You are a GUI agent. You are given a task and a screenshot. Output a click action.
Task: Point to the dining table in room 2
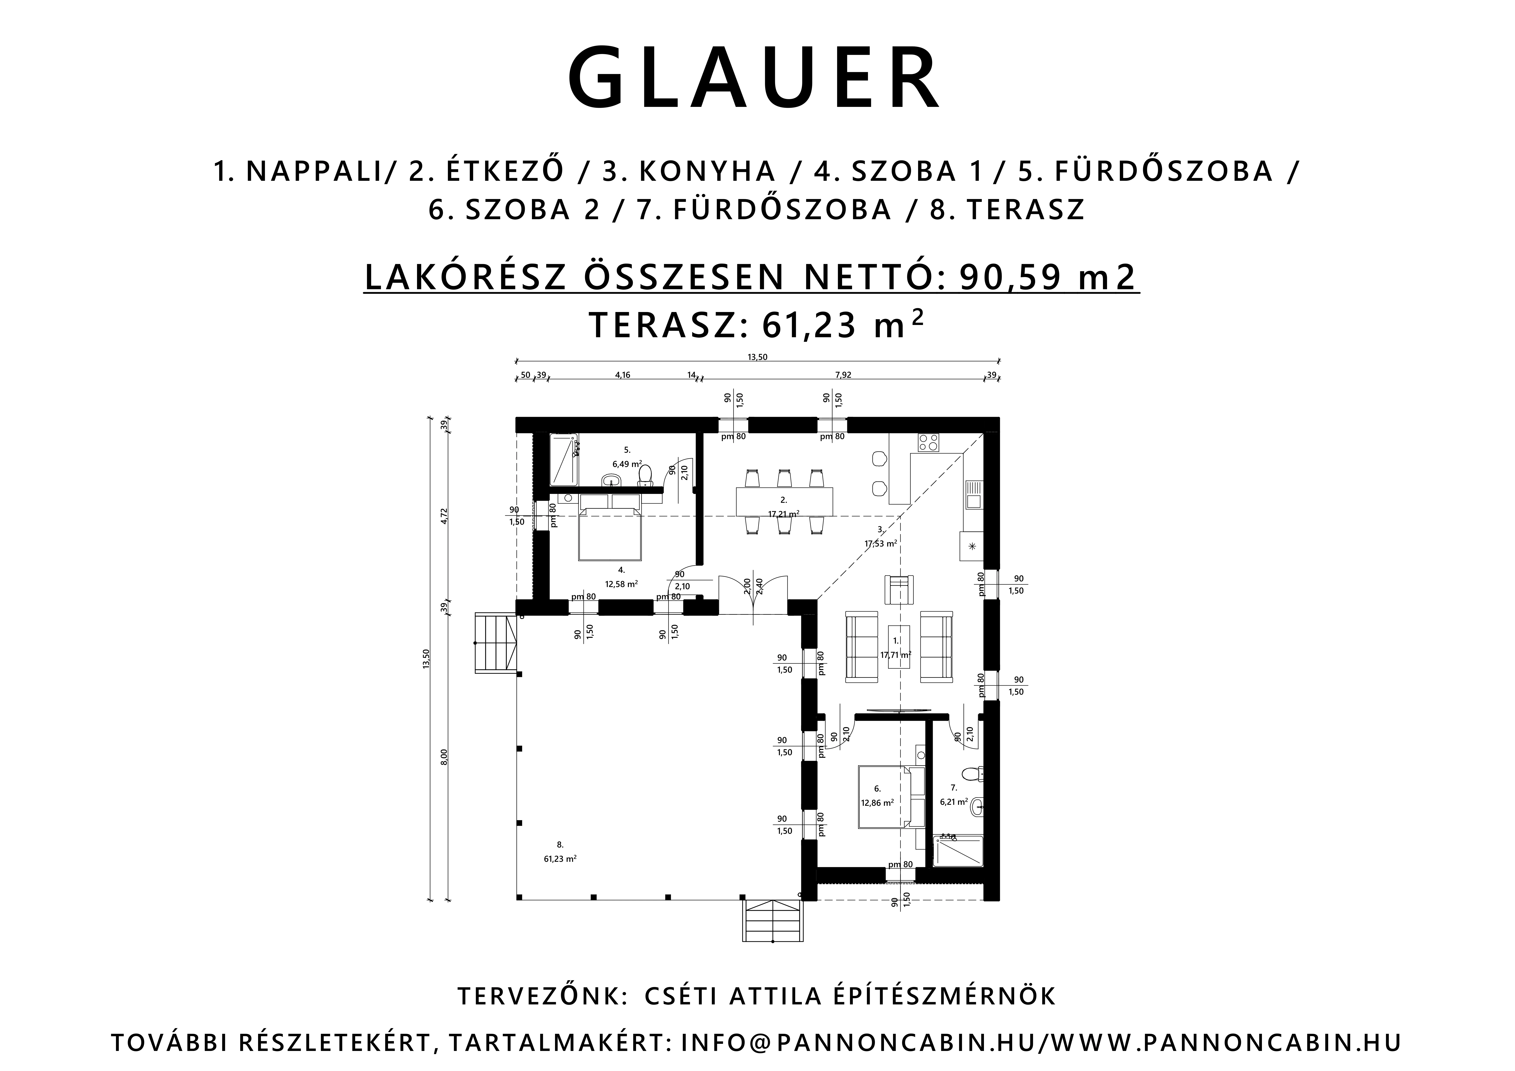pyautogui.click(x=784, y=502)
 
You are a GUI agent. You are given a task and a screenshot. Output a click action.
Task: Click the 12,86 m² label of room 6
pyautogui.click(x=877, y=803)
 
